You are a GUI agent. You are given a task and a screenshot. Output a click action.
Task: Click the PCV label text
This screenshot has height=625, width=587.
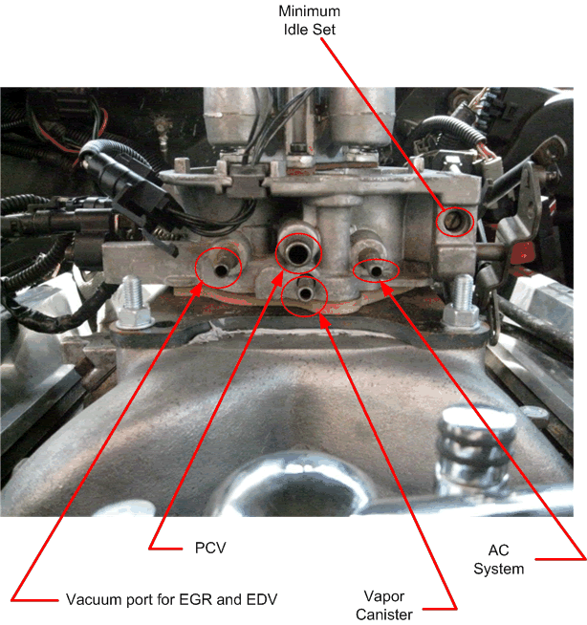click(x=195, y=548)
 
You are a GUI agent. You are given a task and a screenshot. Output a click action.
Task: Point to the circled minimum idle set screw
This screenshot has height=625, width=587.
click(x=452, y=221)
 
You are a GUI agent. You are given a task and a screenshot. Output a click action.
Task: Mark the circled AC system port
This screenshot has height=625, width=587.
click(x=376, y=271)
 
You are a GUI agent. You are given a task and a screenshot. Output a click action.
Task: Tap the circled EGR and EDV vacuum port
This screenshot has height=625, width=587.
click(x=216, y=270)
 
